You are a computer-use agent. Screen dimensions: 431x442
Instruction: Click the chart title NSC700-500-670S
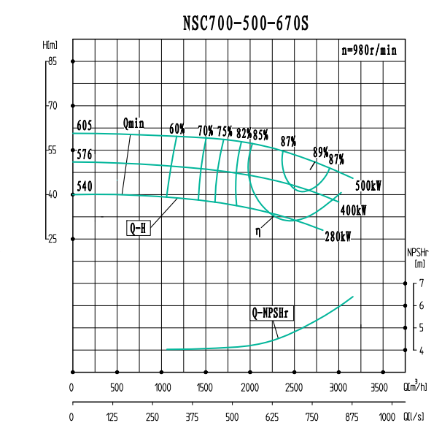247,24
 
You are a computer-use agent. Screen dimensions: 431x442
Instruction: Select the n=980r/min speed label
369,50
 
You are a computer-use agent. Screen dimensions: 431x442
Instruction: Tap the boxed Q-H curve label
138,228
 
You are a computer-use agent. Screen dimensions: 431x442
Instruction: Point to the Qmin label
133,123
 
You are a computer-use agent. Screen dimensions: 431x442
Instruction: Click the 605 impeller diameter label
85,126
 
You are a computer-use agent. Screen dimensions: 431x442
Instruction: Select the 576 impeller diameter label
85,155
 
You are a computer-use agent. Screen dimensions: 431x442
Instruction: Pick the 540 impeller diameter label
85,186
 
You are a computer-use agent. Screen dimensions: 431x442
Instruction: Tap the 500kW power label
369,186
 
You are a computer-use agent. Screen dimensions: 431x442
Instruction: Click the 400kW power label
354,210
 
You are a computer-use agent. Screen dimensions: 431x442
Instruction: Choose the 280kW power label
338,236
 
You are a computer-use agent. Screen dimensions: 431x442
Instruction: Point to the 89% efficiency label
320,152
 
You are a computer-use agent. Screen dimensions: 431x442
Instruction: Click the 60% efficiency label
177,129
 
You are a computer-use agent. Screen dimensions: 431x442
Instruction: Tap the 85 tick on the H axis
52,61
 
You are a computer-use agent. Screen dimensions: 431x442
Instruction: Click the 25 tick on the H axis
52,239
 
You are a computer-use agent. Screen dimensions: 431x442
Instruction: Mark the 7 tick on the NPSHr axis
421,283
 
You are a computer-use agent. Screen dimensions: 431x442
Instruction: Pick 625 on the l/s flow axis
272,417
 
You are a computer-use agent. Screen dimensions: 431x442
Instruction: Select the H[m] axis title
50,45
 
